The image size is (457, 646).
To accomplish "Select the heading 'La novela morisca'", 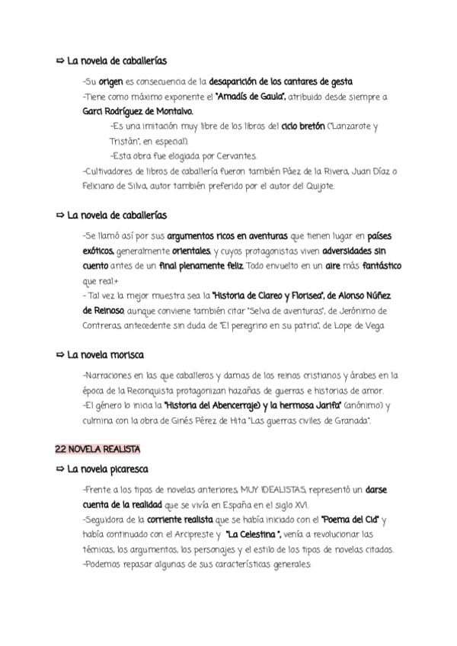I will pyautogui.click(x=106, y=355).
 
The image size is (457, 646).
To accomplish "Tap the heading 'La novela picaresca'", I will pyautogui.click(x=108, y=468).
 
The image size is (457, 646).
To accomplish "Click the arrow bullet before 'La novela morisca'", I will pyautogui.click(x=60, y=355).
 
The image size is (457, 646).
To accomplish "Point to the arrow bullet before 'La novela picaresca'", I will pyautogui.click(x=60, y=468).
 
